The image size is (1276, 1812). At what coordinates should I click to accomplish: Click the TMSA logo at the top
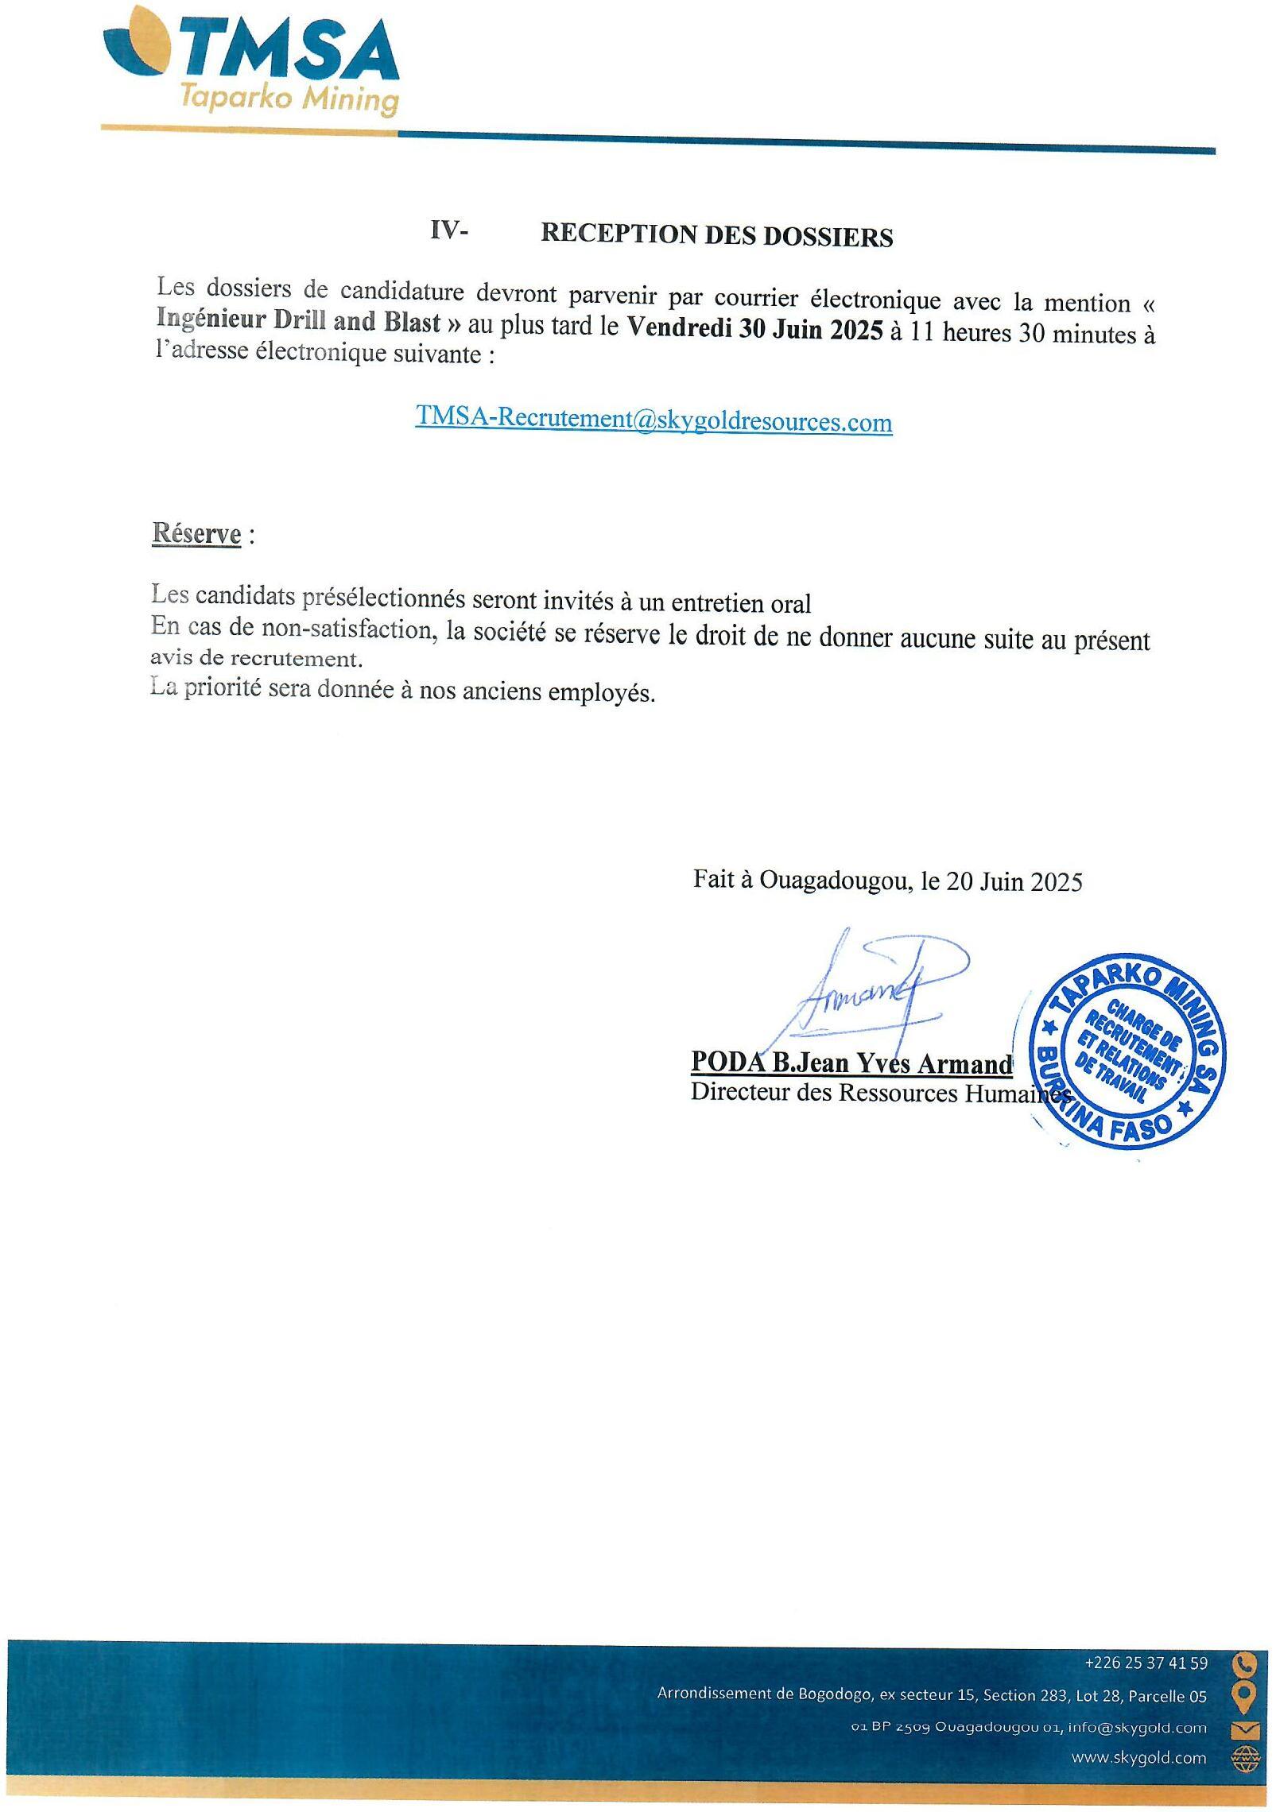point(251,52)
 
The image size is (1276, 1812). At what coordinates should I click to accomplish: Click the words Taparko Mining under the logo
point(289,99)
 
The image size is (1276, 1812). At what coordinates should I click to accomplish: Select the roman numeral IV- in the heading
point(449,230)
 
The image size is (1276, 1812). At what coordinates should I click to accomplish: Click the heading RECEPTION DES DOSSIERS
point(716,236)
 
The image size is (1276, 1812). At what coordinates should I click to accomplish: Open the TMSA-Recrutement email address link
point(654,419)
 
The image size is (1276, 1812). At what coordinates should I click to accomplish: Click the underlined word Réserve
point(196,533)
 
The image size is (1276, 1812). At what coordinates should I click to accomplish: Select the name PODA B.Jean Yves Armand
point(851,1063)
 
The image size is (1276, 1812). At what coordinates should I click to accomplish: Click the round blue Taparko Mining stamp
point(1127,1049)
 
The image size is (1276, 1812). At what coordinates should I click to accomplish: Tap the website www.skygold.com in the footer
point(1138,1757)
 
